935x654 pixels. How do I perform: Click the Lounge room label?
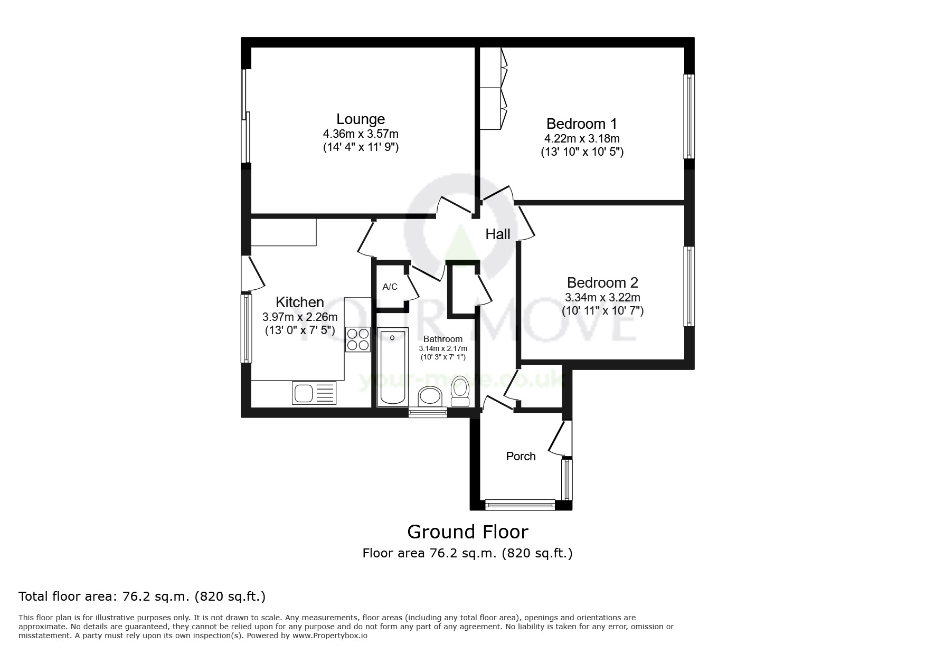[x=361, y=119]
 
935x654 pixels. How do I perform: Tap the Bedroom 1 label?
[x=581, y=124]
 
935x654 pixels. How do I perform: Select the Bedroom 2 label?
[x=602, y=282]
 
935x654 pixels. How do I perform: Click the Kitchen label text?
[x=300, y=302]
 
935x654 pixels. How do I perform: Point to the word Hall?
[x=498, y=234]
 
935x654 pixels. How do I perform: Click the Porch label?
[x=521, y=457]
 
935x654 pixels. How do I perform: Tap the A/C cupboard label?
[x=390, y=287]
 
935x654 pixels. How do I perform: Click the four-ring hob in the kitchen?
[x=357, y=339]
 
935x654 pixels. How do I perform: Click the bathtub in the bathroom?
[x=392, y=365]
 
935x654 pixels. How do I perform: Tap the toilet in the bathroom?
[x=460, y=391]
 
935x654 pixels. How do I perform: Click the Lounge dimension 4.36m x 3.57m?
[x=361, y=134]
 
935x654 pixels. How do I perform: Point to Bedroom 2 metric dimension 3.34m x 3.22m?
[x=602, y=298]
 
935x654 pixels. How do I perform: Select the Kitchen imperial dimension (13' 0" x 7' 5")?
[x=300, y=331]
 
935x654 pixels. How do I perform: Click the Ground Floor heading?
[x=467, y=532]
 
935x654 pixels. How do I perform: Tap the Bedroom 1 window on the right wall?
[x=689, y=116]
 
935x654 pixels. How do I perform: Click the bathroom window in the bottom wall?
[x=428, y=413]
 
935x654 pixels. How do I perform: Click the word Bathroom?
[x=443, y=339]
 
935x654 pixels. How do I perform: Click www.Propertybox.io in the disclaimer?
[x=329, y=636]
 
